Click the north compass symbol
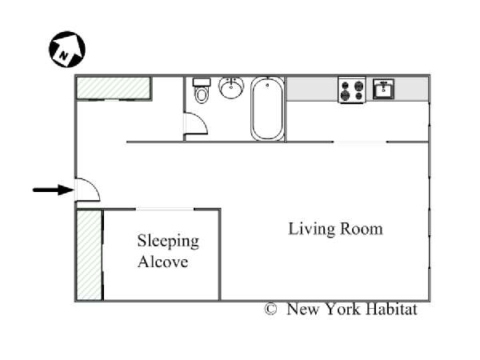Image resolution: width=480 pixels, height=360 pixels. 67,50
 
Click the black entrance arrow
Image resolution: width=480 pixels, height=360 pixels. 54,190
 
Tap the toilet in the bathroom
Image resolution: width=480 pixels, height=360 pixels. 202,90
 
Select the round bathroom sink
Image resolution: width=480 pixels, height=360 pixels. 231,87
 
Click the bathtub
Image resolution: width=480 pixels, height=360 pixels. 267,109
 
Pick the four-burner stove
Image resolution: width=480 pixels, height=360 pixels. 352,90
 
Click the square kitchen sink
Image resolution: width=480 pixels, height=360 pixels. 383,89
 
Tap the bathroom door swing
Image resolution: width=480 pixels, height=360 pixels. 196,124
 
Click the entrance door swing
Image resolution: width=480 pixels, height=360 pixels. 88,190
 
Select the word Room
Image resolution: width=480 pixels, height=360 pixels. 362,229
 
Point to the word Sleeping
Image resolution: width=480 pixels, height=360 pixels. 168,242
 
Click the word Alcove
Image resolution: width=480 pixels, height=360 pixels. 163,262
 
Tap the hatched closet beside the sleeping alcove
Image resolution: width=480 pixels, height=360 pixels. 89,255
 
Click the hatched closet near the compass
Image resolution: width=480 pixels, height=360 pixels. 114,88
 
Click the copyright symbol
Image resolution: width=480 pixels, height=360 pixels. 270,309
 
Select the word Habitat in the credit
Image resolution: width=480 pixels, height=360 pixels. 391,309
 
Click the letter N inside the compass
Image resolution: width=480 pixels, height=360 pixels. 63,56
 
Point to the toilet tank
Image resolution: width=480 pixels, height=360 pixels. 202,82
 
